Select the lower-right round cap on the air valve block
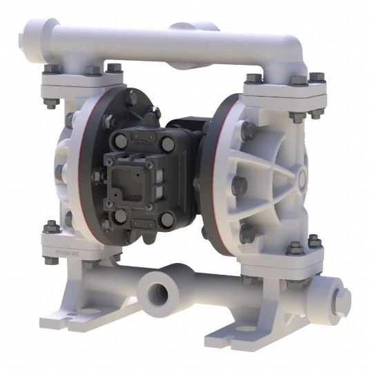coord(166,219)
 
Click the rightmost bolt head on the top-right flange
coord(317,77)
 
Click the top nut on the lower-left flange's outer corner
coord(50,226)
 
